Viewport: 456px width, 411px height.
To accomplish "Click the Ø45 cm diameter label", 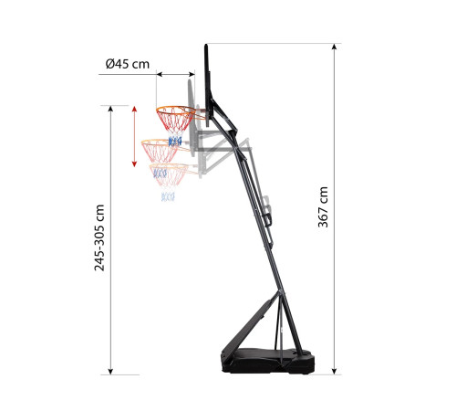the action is (x=128, y=64).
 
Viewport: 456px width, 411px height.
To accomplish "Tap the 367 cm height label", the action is (x=323, y=207).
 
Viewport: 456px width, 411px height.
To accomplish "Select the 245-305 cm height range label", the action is (x=99, y=237).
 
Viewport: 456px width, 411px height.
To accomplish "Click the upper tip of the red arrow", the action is (x=134, y=107).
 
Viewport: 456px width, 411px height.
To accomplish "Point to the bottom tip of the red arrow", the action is (x=134, y=166).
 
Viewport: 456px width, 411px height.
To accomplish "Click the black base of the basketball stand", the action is (x=267, y=362).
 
